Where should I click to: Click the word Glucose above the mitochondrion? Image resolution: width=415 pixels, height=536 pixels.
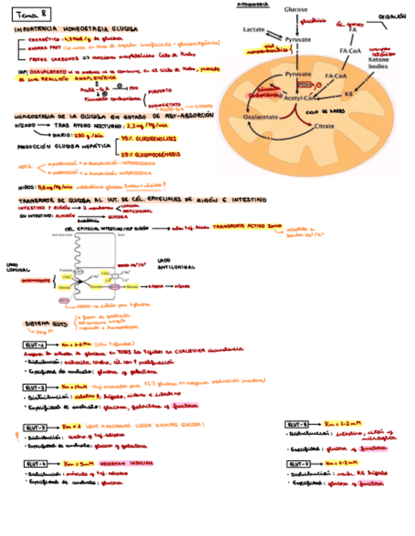click(295, 9)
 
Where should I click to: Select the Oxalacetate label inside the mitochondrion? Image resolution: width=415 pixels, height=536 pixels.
click(260, 117)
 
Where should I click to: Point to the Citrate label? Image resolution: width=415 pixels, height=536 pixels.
click(324, 126)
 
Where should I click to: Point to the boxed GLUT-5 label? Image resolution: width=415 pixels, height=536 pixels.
click(297, 424)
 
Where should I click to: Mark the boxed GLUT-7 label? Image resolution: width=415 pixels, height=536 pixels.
click(297, 463)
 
